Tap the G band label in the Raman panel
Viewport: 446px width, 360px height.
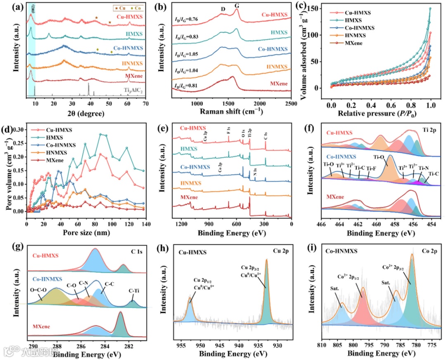[x=237, y=6]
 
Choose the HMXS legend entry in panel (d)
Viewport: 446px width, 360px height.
[x=51, y=137]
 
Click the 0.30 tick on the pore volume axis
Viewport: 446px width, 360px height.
[x=19, y=130]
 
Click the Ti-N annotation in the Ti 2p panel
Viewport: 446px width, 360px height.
[x=424, y=168]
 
